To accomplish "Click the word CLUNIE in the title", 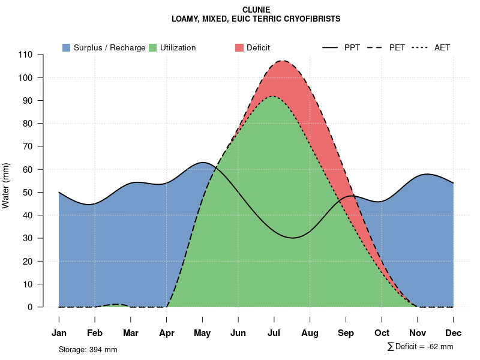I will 256,10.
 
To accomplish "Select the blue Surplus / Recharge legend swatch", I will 67,47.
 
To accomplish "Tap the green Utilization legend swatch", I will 153,47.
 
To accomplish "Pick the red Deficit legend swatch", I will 239,47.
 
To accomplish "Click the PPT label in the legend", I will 352,47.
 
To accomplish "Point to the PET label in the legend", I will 397,47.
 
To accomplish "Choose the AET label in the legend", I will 442,47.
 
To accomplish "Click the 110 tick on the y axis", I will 27,55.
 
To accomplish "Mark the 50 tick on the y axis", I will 29,193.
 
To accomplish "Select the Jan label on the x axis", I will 59,333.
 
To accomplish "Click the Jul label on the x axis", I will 274,333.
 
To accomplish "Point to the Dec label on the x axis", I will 454,333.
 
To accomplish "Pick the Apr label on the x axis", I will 166,333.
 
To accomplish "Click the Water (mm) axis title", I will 6,185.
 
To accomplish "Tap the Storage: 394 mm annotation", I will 88,349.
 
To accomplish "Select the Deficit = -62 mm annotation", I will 424,347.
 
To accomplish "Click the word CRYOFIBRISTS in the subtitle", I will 307,19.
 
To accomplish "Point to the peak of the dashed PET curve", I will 282,61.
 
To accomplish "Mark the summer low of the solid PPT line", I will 292,238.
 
